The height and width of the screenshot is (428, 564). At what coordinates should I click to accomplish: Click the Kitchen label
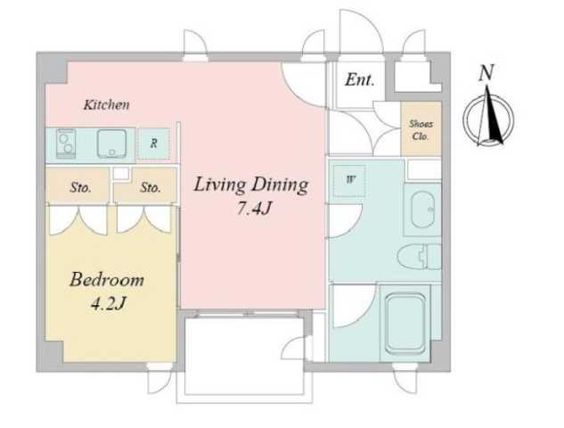point(106,104)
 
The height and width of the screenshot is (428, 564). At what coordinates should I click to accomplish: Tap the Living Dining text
point(250,185)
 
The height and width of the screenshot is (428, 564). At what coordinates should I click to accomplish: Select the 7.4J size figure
point(253,208)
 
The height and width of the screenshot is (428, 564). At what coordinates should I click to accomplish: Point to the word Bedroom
point(107,280)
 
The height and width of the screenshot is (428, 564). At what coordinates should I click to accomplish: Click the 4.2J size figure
point(108,304)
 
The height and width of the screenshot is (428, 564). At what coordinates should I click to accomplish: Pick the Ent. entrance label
point(359,79)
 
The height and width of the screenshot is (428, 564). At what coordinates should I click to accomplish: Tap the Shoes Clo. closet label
point(421,129)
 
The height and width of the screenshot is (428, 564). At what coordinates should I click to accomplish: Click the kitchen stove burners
point(66,144)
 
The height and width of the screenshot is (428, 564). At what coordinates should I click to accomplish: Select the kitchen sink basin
point(112,144)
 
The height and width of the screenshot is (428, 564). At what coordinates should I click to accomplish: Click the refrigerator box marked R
point(154,144)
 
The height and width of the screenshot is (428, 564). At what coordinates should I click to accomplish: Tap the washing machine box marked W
point(349,181)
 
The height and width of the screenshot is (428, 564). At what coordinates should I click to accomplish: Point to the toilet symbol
point(419,256)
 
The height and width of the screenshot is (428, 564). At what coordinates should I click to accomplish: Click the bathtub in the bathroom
point(405,323)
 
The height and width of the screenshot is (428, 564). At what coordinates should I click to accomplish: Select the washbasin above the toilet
point(422,210)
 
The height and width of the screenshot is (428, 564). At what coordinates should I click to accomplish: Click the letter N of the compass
point(486,72)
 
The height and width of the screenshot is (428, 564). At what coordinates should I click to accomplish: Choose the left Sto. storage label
point(80,187)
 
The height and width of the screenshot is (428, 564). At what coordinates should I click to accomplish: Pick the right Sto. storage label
point(150,187)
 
